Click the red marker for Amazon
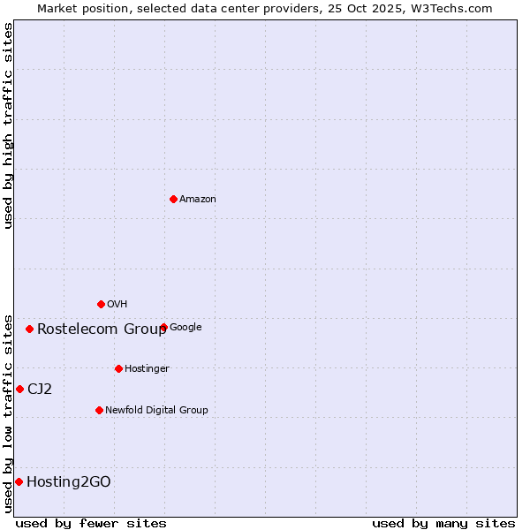tap(173, 199)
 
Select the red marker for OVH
tap(101, 304)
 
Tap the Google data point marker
tap(163, 327)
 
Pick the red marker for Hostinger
tap(118, 368)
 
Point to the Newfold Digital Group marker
tap(99, 410)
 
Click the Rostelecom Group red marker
tap(29, 329)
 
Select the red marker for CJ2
tap(19, 389)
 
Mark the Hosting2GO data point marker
tap(19, 481)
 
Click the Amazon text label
tap(198, 200)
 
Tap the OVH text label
tap(117, 305)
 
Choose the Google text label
tap(185, 328)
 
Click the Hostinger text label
tap(147, 369)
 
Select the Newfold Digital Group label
tap(156, 410)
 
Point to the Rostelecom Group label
tap(102, 329)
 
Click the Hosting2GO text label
tap(69, 482)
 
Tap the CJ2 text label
tap(40, 390)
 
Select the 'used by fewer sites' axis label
tap(91, 523)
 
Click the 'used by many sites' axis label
tap(443, 523)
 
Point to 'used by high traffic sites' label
tap(8, 125)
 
